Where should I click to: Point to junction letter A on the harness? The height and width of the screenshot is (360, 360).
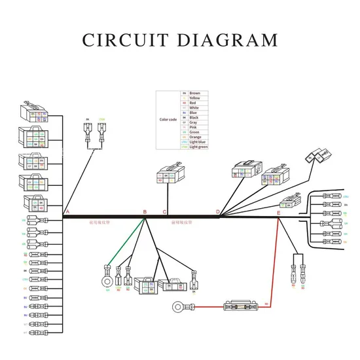(x=67, y=212)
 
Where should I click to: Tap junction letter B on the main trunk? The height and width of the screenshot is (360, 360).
(x=145, y=212)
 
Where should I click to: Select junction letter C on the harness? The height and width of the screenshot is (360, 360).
(x=164, y=212)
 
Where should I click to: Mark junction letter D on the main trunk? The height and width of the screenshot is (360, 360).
(x=218, y=212)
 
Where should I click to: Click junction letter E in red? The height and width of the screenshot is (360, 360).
(x=278, y=213)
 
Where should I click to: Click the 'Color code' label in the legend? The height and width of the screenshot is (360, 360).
(x=168, y=120)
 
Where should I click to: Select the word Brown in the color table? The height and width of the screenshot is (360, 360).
(x=195, y=93)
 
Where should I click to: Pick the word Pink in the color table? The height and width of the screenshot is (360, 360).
(x=193, y=127)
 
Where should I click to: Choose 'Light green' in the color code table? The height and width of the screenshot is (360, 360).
(x=198, y=147)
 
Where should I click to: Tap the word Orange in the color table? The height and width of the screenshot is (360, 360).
(x=195, y=137)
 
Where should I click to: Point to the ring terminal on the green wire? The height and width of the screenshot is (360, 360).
(x=106, y=282)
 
